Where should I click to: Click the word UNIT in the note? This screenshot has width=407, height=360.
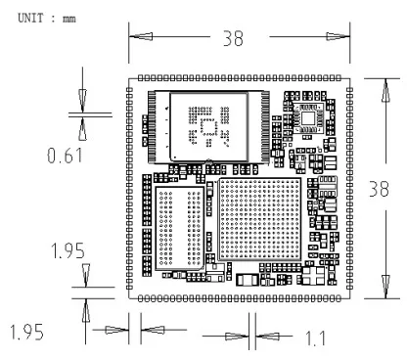pyautogui.click(x=30, y=18)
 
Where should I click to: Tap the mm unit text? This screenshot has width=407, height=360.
pyautogui.click(x=69, y=20)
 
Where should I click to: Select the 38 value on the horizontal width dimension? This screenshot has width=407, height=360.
pyautogui.click(x=233, y=38)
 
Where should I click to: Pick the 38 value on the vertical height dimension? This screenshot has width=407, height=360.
pyautogui.click(x=379, y=189)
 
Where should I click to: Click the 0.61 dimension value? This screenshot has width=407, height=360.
pyautogui.click(x=65, y=156)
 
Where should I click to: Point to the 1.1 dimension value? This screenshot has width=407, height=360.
pyautogui.click(x=316, y=338)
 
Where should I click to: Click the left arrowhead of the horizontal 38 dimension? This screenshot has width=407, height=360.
pyautogui.click(x=141, y=36)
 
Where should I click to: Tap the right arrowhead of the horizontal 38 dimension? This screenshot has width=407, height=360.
pyautogui.click(x=338, y=36)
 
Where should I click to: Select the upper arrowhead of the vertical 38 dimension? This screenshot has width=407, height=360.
pyautogui.click(x=386, y=90)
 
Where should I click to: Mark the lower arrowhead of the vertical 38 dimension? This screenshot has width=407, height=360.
pyautogui.click(x=386, y=287)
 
